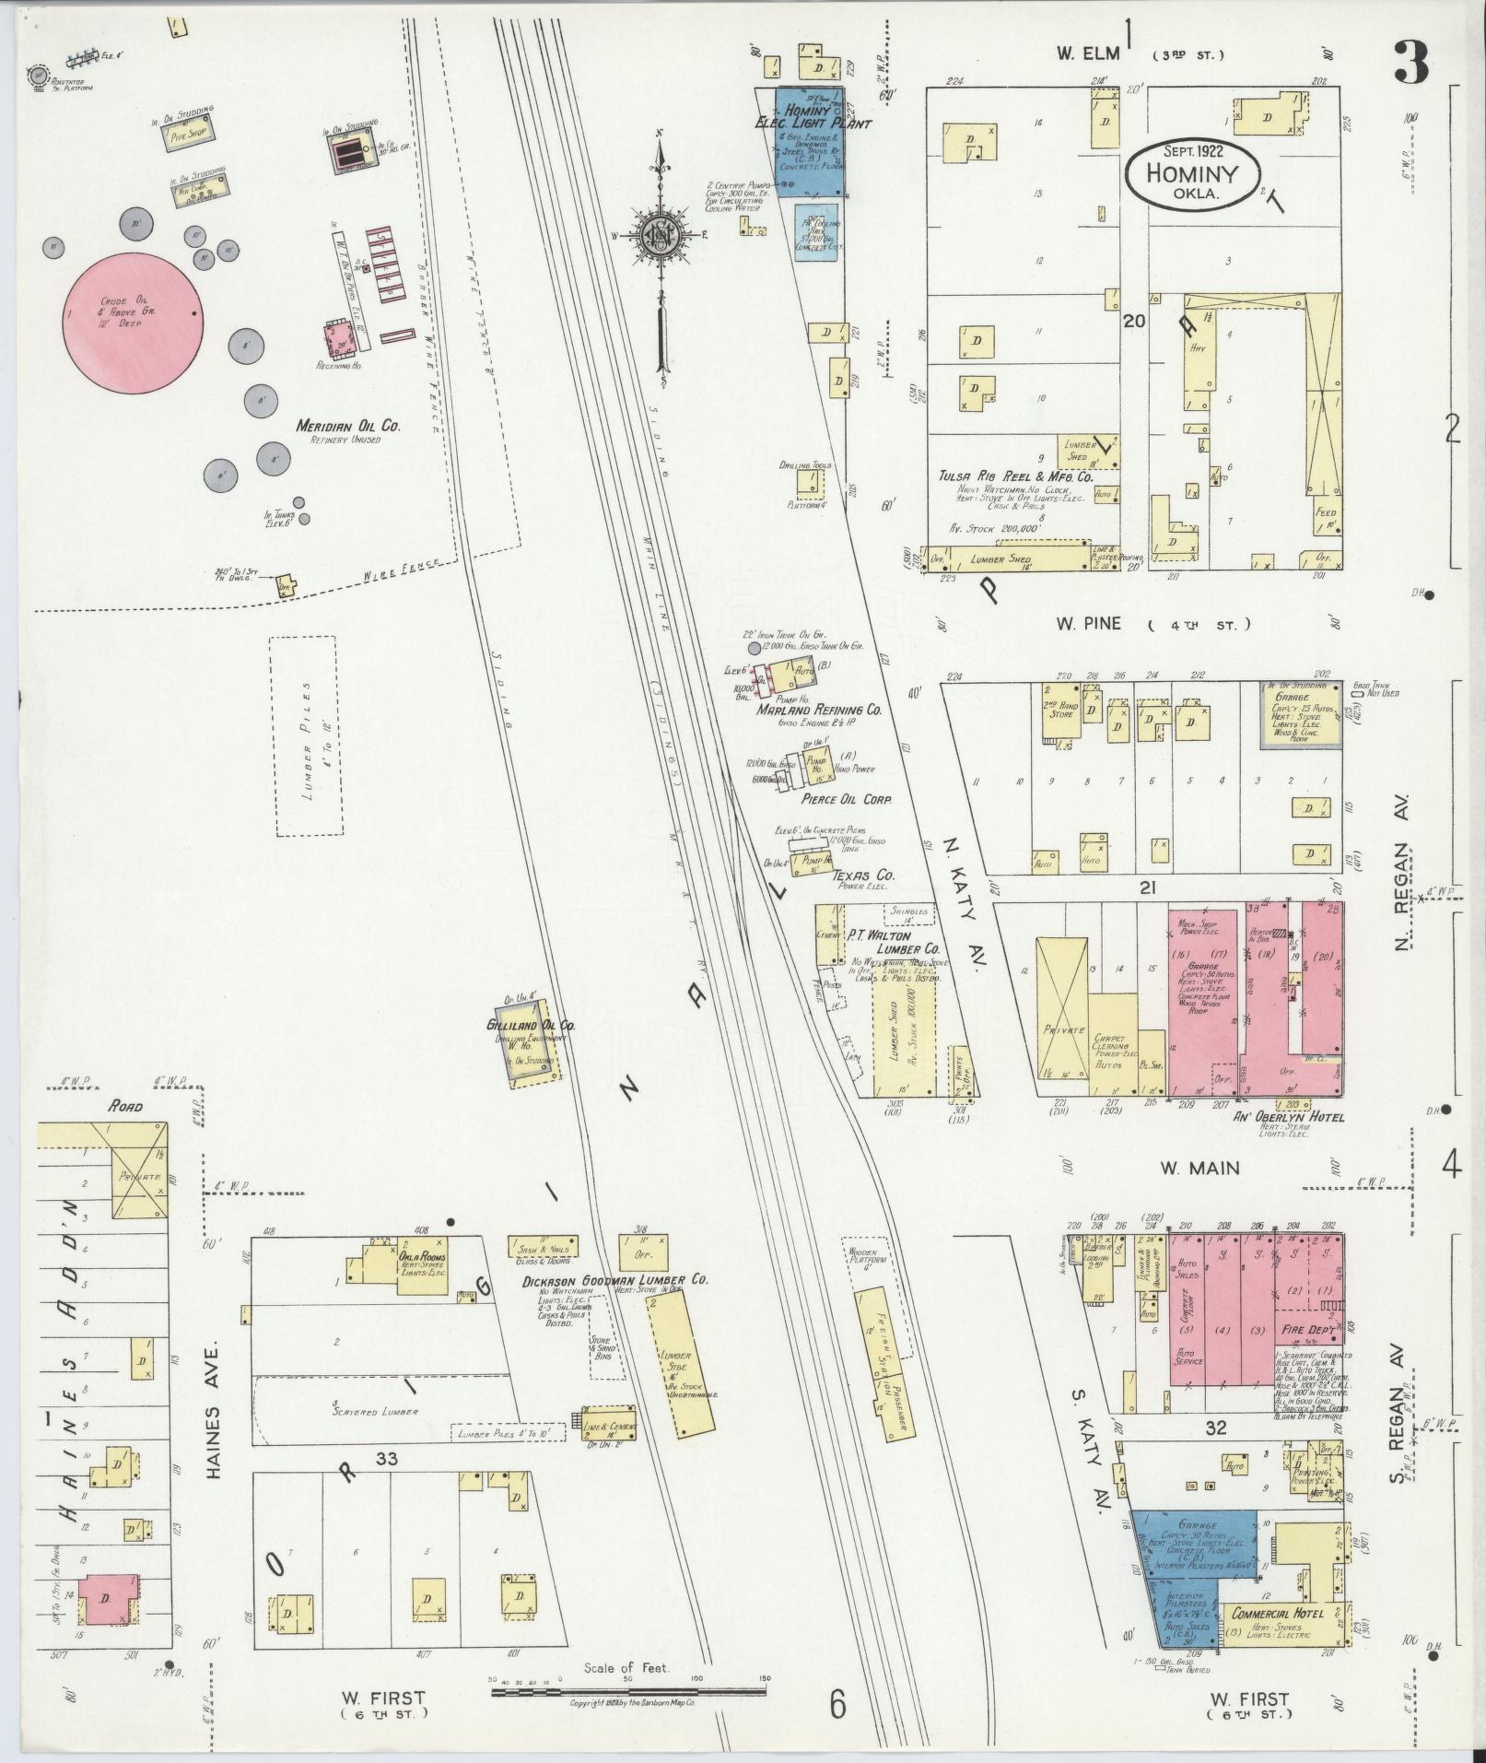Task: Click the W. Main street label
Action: [x=1199, y=1168]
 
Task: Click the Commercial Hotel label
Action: [x=1277, y=1614]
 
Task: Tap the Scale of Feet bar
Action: [x=626, y=1679]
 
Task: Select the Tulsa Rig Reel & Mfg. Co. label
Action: [x=1014, y=477]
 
